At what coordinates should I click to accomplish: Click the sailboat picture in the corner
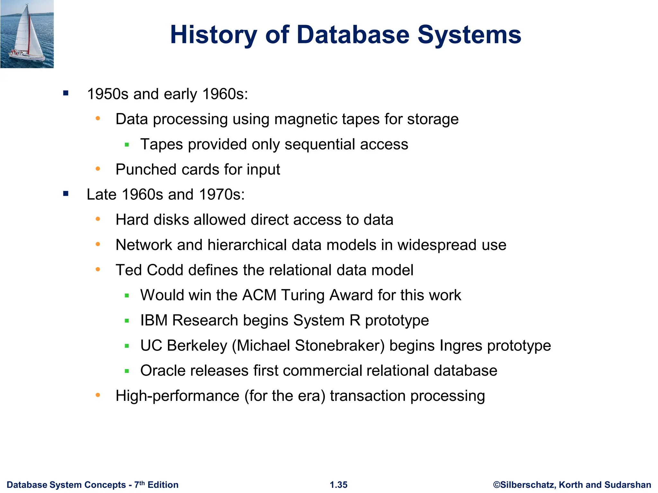click(27, 34)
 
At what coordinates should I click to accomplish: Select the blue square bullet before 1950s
click(66, 93)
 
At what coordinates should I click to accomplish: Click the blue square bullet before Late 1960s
click(66, 194)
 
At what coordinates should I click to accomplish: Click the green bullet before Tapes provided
click(127, 145)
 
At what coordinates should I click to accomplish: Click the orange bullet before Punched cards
click(98, 169)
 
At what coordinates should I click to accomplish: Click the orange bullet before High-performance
click(98, 395)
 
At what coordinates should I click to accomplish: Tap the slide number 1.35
click(339, 485)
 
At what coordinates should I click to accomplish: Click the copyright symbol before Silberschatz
click(496, 485)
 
